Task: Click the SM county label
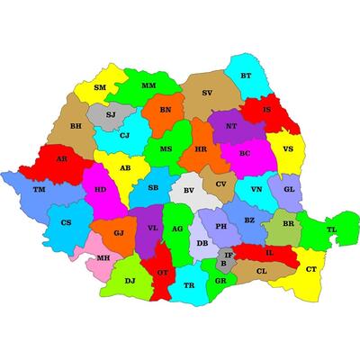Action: point(100,88)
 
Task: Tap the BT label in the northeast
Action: point(245,76)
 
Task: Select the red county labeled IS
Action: point(266,110)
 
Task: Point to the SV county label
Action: point(207,93)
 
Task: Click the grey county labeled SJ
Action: point(111,115)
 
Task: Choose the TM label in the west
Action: point(38,190)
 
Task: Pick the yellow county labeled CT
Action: point(311,269)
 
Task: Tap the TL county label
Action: point(331,229)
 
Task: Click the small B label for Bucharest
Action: point(223,265)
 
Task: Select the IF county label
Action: point(229,255)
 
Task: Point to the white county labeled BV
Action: point(188,191)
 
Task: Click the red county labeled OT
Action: point(162,272)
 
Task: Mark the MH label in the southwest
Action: point(103,257)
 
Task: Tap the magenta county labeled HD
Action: point(100,190)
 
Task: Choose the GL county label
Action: point(288,190)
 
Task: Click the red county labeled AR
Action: point(61,158)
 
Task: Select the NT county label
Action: point(231,127)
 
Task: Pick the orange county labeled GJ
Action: point(119,233)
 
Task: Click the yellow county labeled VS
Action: point(288,149)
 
